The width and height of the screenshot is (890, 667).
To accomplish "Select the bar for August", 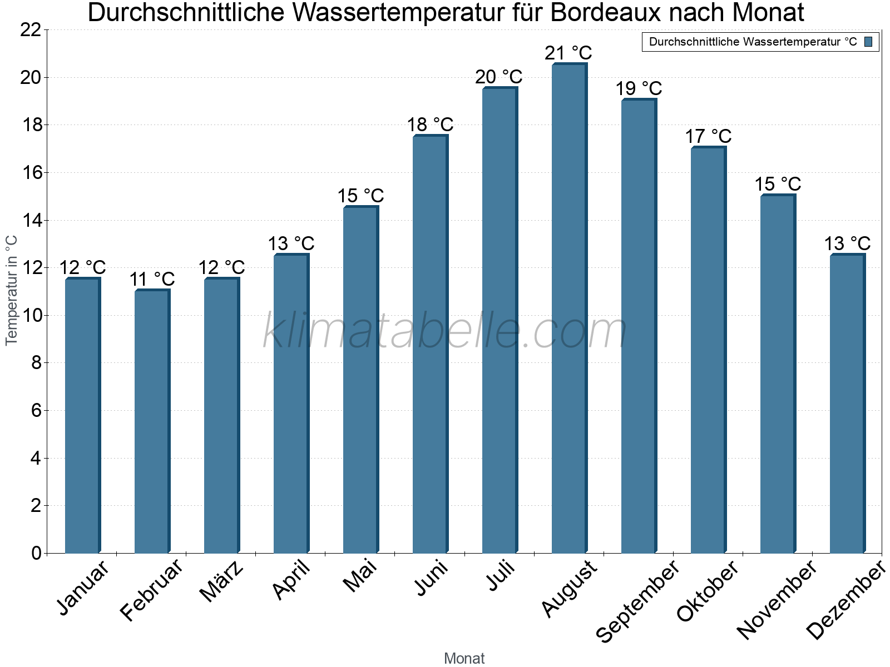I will tap(569, 308).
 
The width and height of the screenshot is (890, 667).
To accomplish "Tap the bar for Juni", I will tap(430, 345).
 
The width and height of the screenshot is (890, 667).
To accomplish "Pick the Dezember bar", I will tap(847, 404).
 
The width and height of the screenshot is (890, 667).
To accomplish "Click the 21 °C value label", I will tap(568, 53).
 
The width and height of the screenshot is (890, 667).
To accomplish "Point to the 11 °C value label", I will tap(152, 279).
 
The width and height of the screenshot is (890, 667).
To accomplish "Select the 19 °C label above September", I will tap(639, 88).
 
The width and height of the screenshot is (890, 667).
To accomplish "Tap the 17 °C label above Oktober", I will tap(708, 136).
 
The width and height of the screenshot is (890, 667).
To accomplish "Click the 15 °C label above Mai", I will tap(360, 196).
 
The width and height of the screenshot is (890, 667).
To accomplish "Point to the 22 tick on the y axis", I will tap(31, 30).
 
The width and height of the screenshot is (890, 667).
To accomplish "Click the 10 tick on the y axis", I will tap(31, 316).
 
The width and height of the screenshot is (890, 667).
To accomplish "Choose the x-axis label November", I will tap(777, 599).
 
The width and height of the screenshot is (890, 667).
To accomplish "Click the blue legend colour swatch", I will tap(868, 42).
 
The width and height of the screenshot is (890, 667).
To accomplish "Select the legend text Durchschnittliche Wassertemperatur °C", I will tap(753, 42).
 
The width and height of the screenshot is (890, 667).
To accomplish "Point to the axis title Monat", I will tap(464, 658).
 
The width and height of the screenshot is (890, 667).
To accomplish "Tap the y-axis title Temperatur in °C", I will tap(11, 290).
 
